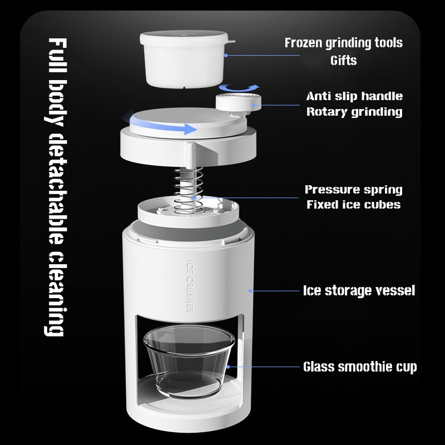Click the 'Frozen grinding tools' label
(x=343, y=43)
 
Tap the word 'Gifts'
(x=343, y=61)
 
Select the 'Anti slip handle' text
(x=354, y=96)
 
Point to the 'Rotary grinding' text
(x=354, y=112)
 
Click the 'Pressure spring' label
(x=354, y=190)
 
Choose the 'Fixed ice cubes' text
(x=354, y=204)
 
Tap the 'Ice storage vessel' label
(x=359, y=290)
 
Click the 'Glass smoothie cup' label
(x=360, y=367)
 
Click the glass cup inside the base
(x=189, y=360)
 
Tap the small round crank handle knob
(x=239, y=103)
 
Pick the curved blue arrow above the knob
(x=239, y=88)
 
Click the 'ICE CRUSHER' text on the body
(x=190, y=286)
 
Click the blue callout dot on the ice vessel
(x=250, y=291)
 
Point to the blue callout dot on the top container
(x=226, y=55)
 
